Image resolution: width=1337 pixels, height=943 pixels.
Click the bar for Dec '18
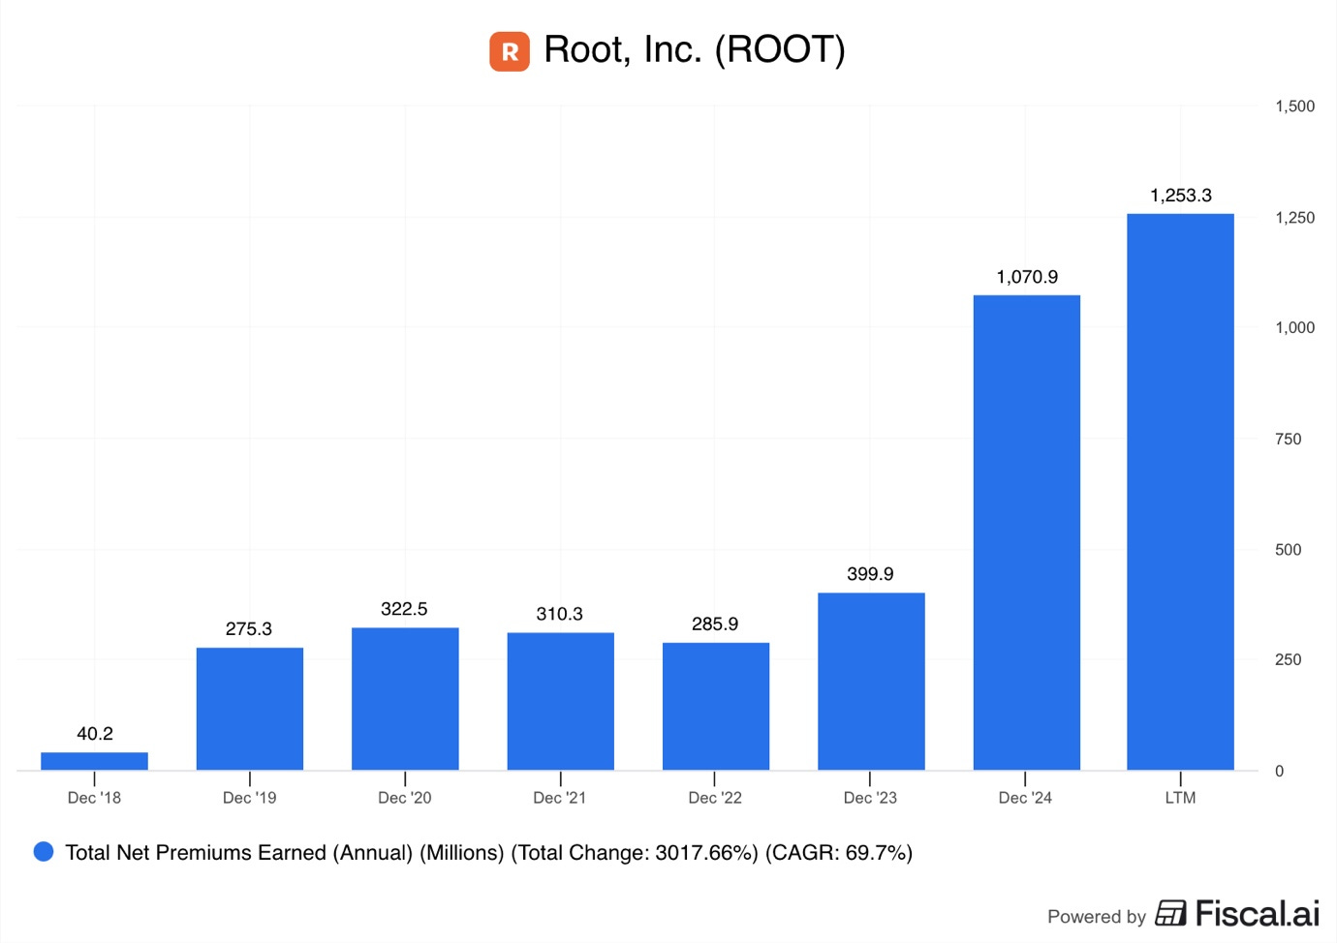(x=94, y=761)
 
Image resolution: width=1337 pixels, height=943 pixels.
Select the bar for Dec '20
(x=405, y=699)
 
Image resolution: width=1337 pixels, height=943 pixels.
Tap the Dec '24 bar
(x=1026, y=532)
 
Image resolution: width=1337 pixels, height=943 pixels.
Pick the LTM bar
(x=1180, y=492)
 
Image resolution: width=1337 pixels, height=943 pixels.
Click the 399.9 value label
(x=870, y=574)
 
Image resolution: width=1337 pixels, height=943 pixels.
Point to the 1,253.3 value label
(x=1180, y=196)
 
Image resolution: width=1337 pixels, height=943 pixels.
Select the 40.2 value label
(x=95, y=734)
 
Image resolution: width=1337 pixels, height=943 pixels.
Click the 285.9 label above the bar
(x=715, y=624)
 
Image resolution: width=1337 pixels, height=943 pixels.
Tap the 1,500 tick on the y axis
(x=1294, y=106)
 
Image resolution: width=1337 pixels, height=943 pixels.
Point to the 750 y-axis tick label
(x=1288, y=440)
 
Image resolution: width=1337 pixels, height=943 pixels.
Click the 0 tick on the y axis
(x=1279, y=772)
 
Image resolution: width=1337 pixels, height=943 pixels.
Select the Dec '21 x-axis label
(x=559, y=798)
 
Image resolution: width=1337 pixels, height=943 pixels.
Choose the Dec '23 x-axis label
(x=870, y=798)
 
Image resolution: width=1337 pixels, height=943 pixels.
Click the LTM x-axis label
(x=1180, y=798)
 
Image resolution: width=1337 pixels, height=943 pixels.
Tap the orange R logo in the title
(x=510, y=51)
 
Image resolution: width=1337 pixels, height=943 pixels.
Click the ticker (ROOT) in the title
(x=780, y=50)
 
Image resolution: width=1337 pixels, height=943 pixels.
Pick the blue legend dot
(x=44, y=852)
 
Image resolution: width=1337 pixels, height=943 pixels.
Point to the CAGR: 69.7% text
(x=839, y=853)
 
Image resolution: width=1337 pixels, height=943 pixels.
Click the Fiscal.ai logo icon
(x=1170, y=913)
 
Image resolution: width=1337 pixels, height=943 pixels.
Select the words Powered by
(x=1096, y=917)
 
